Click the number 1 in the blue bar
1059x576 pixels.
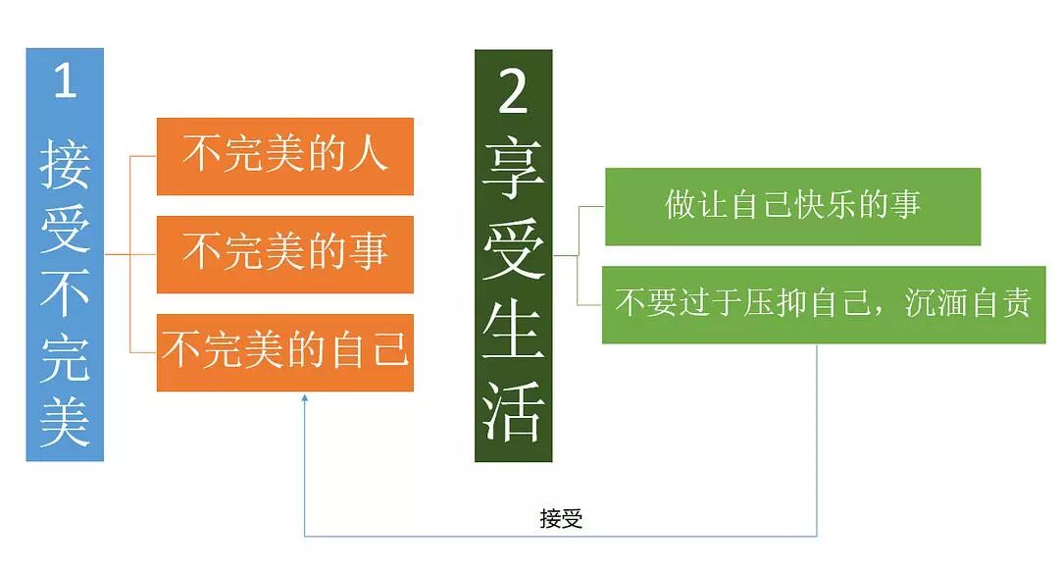point(65,81)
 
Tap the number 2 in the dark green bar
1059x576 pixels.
point(513,94)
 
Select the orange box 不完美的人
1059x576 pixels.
point(285,156)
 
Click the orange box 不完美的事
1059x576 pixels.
point(285,253)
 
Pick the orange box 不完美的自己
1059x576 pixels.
point(285,350)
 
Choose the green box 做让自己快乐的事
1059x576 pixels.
point(792,206)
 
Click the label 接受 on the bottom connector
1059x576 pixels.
point(561,519)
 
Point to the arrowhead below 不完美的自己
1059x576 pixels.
point(305,397)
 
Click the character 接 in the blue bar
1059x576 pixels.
point(65,164)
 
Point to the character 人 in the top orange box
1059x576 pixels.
point(369,156)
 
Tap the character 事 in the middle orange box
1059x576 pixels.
point(369,253)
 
